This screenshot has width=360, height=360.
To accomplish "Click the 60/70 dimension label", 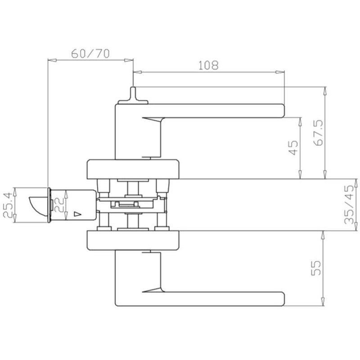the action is point(90,54).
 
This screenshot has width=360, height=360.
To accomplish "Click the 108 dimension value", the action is point(208,65).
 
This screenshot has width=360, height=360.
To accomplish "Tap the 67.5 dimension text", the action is point(318,133).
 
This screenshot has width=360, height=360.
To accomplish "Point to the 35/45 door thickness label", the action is point(350,204).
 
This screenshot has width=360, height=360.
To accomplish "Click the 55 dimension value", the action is point(315,268).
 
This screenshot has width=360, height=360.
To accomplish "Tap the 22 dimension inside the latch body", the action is point(59,205).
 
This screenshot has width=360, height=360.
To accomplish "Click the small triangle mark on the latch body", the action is point(77,214).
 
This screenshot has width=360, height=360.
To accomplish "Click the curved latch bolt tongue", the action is point(39,206).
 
